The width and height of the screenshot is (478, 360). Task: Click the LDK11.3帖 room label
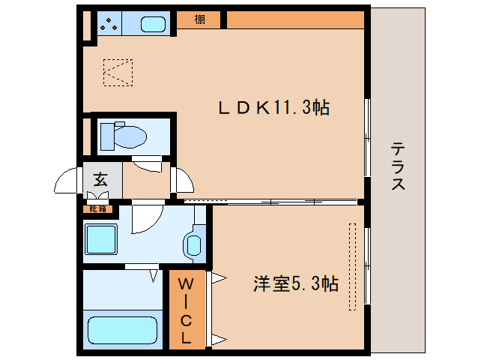[x=273, y=108]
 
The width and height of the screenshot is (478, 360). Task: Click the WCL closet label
[x=186, y=308]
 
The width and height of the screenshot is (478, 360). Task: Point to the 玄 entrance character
[x=100, y=179]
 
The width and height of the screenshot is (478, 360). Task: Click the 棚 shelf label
[x=199, y=20]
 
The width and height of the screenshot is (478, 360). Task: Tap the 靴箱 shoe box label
[x=99, y=208]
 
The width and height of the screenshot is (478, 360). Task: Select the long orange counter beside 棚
[x=295, y=20]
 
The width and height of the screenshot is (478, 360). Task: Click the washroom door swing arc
[x=145, y=219]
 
